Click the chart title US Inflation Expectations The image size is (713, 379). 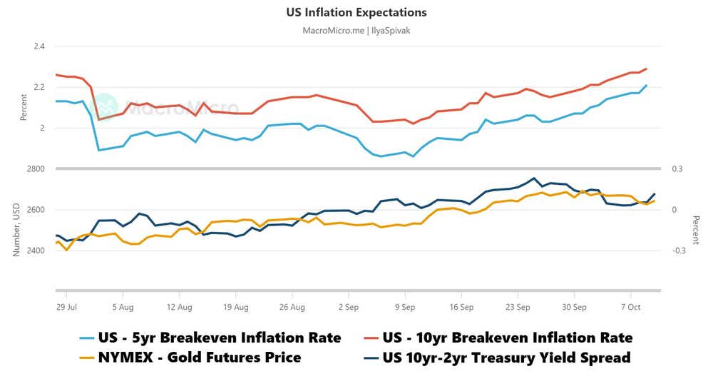(356, 12)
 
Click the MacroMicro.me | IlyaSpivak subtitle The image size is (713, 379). (356, 31)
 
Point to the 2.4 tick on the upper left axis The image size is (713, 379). (39, 46)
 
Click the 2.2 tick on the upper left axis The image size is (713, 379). (39, 87)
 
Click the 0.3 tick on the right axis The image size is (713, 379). (677, 169)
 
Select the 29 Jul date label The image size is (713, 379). (66, 308)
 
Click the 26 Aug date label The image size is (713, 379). (292, 308)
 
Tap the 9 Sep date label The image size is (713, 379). (405, 308)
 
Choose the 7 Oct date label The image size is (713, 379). (630, 308)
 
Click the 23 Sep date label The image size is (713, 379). (518, 308)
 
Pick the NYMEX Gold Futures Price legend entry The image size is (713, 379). (190, 358)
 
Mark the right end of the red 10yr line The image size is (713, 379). (646, 69)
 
